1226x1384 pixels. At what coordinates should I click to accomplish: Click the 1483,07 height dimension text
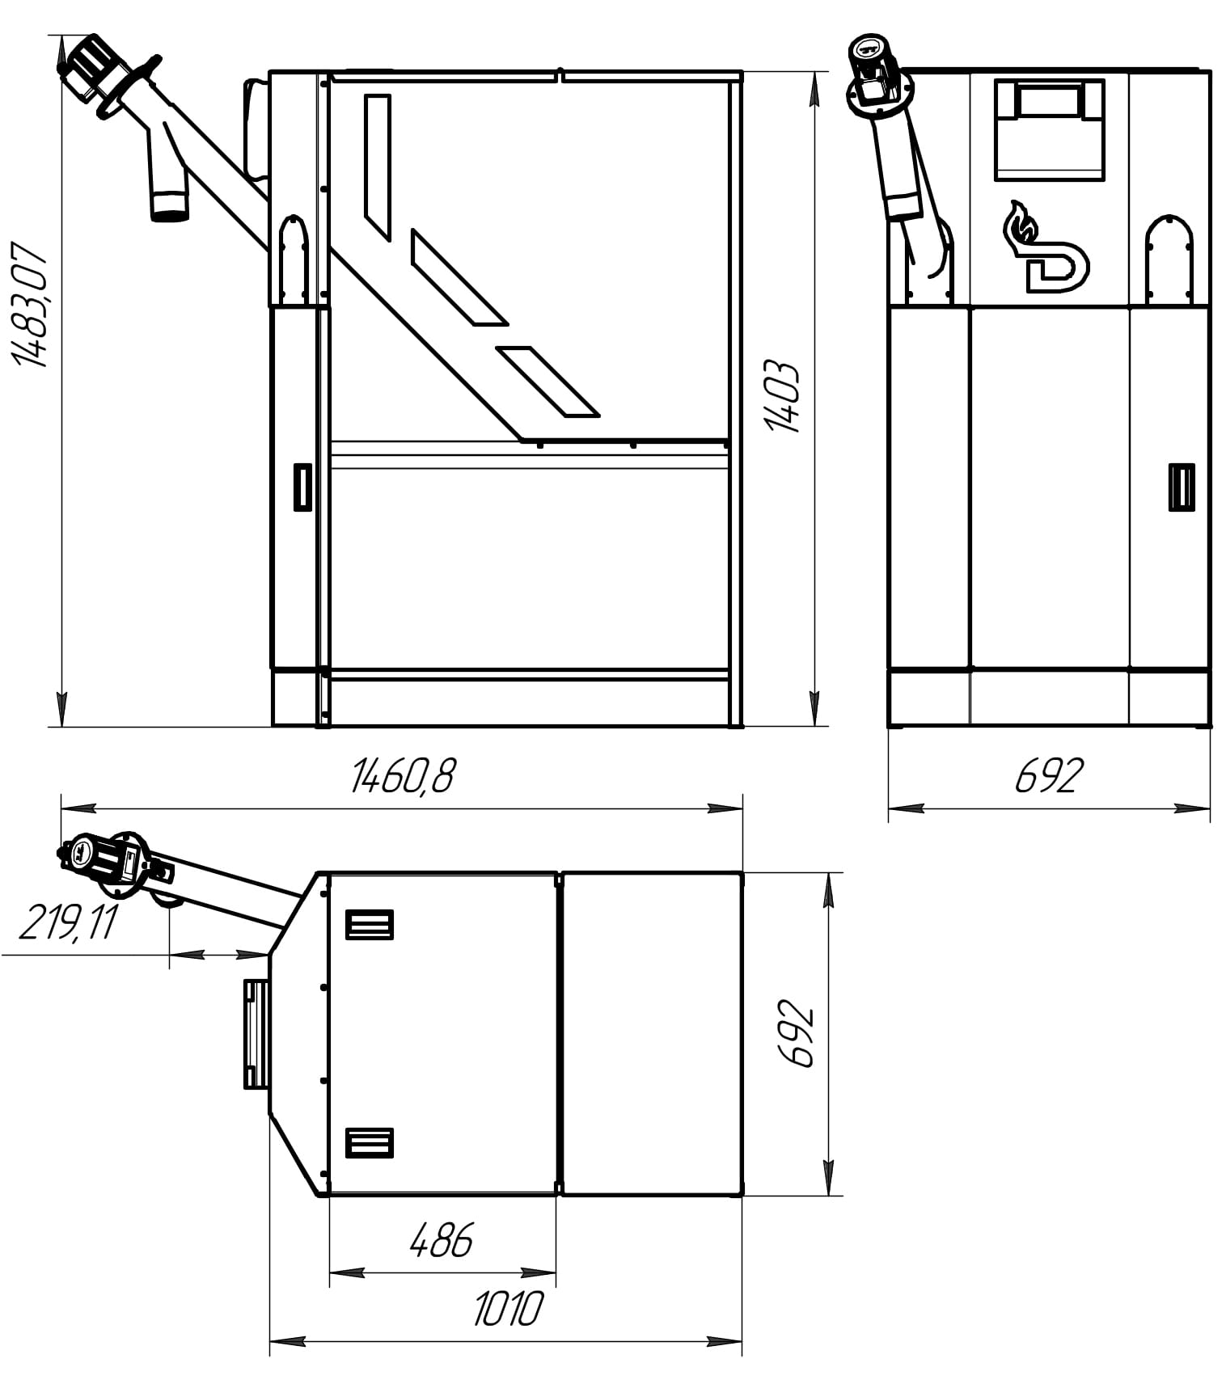coord(31,303)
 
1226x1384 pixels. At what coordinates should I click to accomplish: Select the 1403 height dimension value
coord(782,396)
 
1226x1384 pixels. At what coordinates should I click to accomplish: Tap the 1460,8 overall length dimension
coord(402,776)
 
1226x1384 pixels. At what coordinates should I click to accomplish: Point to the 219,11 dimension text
coord(68,922)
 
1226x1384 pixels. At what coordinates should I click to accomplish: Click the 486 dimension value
coord(441,1240)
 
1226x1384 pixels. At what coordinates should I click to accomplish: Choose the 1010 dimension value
coord(508,1309)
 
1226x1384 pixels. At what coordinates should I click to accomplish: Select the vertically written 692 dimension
coord(795,1035)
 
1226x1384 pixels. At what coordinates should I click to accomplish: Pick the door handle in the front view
coord(302,487)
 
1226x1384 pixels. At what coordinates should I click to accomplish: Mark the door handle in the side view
coord(1182,487)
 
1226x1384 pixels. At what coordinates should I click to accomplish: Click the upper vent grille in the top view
coord(370,924)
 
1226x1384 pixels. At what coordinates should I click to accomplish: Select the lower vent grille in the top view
coord(370,1142)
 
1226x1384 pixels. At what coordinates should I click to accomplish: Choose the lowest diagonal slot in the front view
coord(547,381)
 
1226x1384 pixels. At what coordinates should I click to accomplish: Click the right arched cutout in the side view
coord(1169,259)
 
